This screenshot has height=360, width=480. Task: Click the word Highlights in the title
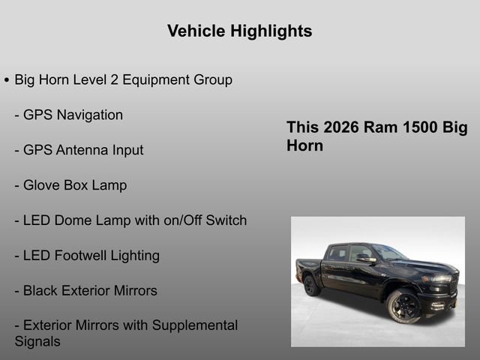pyautogui.click(x=274, y=31)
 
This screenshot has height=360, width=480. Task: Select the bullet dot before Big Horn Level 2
pyautogui.click(x=7, y=80)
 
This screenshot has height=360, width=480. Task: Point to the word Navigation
pyautogui.click(x=88, y=115)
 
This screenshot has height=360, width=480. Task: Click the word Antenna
pyautogui.click(x=82, y=150)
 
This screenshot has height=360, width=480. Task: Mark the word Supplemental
pyautogui.click(x=195, y=325)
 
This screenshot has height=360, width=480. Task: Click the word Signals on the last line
pyautogui.click(x=37, y=341)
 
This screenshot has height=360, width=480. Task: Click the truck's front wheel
pyautogui.click(x=403, y=306)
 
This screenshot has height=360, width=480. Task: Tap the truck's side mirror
pyautogui.click(x=365, y=258)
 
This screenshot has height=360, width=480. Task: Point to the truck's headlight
pyautogui.click(x=439, y=277)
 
